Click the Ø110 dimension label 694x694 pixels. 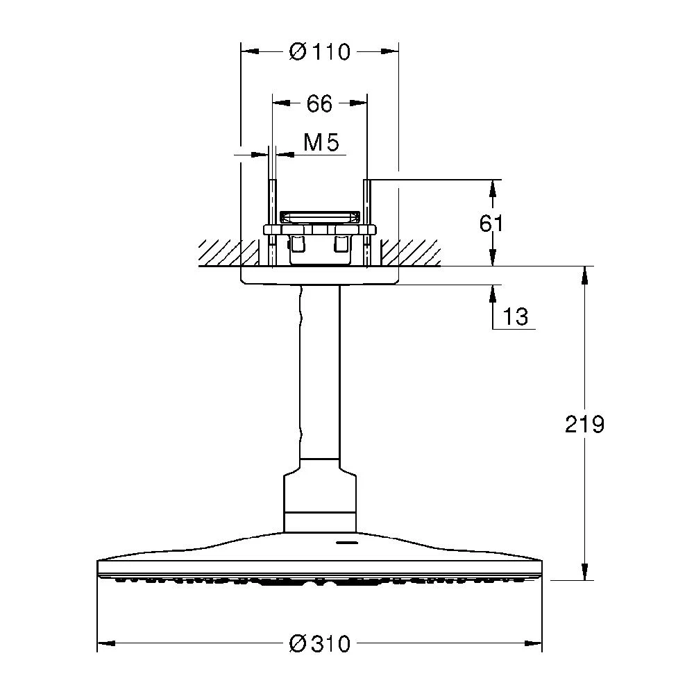coord(319,52)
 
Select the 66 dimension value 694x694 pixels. coord(319,104)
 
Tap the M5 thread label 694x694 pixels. coord(321,144)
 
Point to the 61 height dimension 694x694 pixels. coord(491,223)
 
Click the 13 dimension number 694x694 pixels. coord(515,317)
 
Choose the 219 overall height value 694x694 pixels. coord(584,424)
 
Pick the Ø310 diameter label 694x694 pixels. coord(319,643)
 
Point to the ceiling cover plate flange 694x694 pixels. coord(319,276)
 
